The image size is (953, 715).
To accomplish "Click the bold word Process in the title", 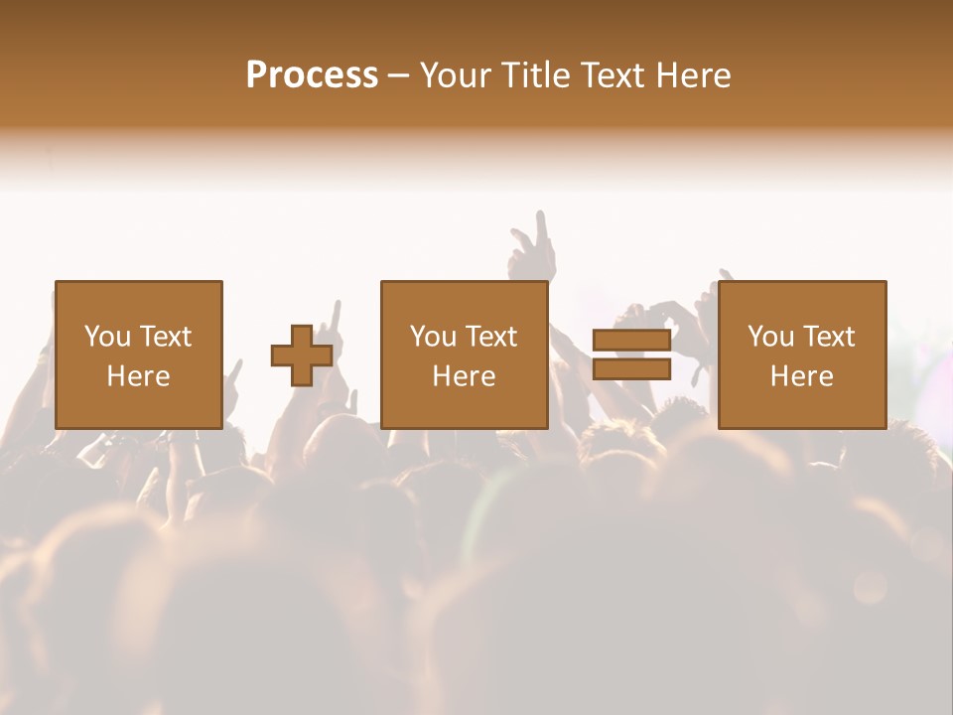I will pyautogui.click(x=312, y=75).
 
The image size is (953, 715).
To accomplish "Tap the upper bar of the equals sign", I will pyautogui.click(x=631, y=341).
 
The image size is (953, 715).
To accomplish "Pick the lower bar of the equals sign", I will pyautogui.click(x=631, y=369).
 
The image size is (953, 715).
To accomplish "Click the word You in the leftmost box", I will pyautogui.click(x=107, y=337).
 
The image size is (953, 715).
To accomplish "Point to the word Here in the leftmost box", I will pyautogui.click(x=138, y=376).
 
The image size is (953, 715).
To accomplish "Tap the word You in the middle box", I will pyautogui.click(x=433, y=337).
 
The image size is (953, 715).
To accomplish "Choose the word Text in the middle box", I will pyautogui.click(x=489, y=337).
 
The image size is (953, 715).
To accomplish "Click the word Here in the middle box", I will pyautogui.click(x=464, y=376).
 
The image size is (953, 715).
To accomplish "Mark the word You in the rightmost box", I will pyautogui.click(x=770, y=337).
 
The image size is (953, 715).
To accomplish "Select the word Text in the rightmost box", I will pyautogui.click(x=827, y=337).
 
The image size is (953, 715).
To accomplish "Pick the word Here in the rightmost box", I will pyautogui.click(x=801, y=376).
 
